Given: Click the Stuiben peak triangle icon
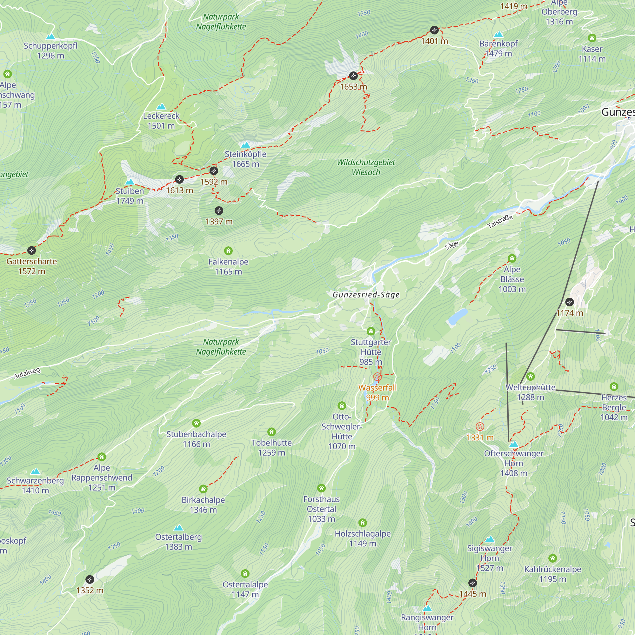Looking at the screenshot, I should pos(130,182).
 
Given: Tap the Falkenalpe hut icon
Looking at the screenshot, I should pos(228,251).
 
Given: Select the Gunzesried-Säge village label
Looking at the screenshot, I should pos(366,295).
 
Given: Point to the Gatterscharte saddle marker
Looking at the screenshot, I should pos(31,251).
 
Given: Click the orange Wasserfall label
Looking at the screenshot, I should pos(377,388).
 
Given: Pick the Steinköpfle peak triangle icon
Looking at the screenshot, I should pos(245,145).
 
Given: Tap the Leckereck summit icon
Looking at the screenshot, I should pos(161,107).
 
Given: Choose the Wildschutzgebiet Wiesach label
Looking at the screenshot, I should pos(366,167).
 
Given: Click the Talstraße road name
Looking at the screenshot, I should pos(500,222).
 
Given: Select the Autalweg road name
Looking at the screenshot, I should pos(27,373).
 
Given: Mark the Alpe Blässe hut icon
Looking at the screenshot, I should pos(512,258).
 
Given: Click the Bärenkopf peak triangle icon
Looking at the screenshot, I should pos(498,35).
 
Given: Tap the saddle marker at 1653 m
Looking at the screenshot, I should pos(353,76).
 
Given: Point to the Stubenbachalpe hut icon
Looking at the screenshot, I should pos(196,423).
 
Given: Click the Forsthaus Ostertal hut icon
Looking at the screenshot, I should pos(321,488).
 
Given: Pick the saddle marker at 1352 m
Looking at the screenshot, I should pos(90,579).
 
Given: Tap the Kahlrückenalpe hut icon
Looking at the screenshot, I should pos(552,558).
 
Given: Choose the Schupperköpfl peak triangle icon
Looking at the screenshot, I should pos(50,37).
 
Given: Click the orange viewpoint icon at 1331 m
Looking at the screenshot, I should pos(480,427).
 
